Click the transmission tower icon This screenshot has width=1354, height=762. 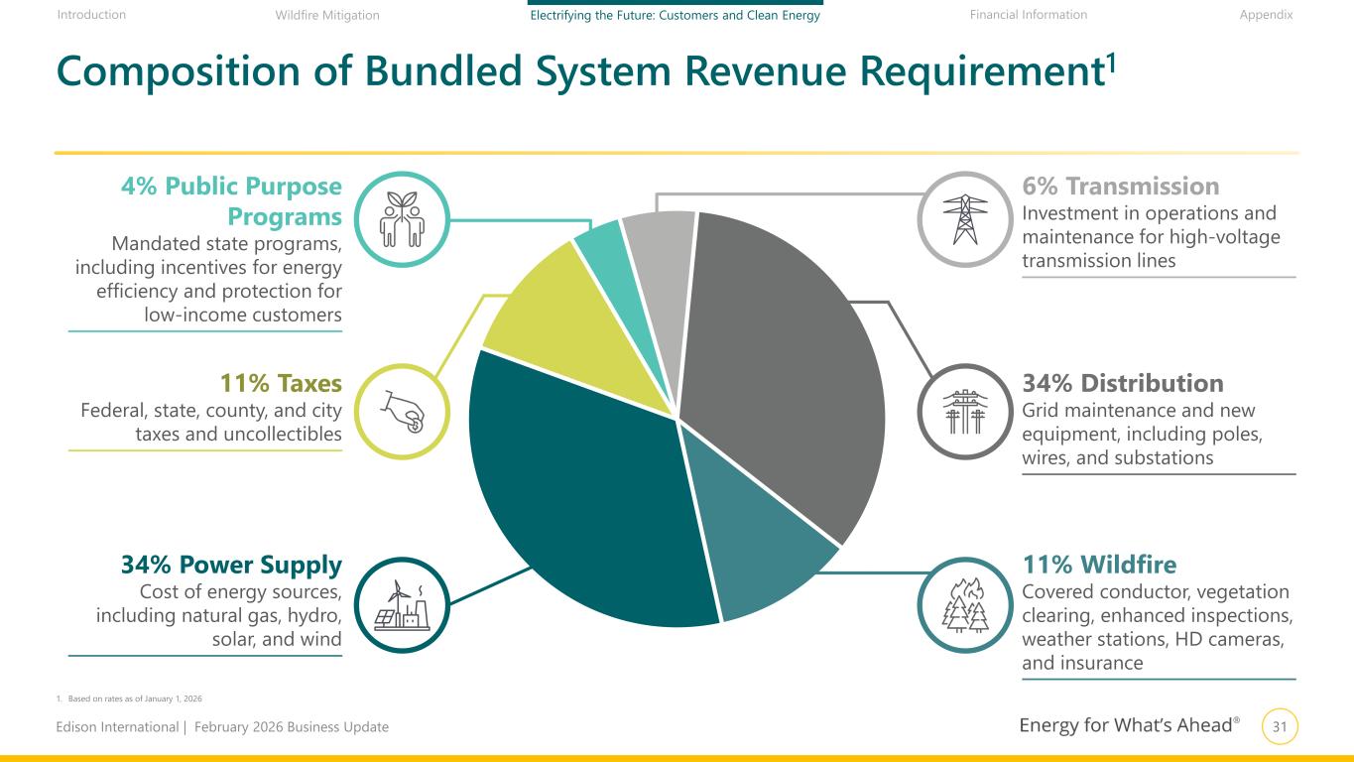click(x=965, y=219)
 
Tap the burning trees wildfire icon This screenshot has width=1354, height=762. click(x=965, y=605)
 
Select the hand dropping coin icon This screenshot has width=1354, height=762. click(x=403, y=411)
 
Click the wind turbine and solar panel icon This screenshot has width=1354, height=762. click(x=402, y=605)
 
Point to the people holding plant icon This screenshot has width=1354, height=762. click(x=402, y=219)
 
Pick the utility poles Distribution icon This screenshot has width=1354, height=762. click(x=965, y=411)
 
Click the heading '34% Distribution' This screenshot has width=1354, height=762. click(x=1123, y=383)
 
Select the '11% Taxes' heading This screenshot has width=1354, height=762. click(x=281, y=383)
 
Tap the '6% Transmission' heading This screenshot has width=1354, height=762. click(x=1121, y=187)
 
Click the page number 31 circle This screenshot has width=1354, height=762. click(x=1280, y=726)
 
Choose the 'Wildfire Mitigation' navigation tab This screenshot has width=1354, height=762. click(x=327, y=15)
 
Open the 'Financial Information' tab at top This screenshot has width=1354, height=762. click(x=1029, y=15)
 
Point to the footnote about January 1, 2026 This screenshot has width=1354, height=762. click(x=129, y=698)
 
